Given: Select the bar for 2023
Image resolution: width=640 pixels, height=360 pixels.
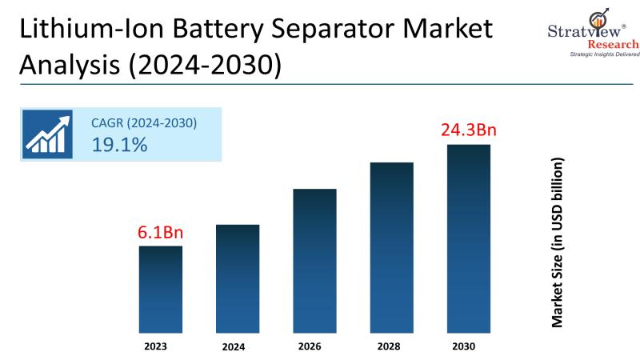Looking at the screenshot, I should (x=161, y=289).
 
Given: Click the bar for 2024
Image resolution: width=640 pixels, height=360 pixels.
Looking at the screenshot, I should (x=238, y=278).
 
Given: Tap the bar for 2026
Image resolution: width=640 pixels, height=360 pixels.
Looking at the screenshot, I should (x=314, y=261).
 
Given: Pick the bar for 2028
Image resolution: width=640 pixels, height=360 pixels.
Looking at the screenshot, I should (x=391, y=247).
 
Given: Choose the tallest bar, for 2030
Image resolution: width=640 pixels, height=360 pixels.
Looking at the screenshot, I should (x=468, y=238).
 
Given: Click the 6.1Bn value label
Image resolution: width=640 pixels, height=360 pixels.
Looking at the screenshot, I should (x=161, y=233).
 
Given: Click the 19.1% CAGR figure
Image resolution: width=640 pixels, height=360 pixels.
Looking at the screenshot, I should (x=121, y=145).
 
